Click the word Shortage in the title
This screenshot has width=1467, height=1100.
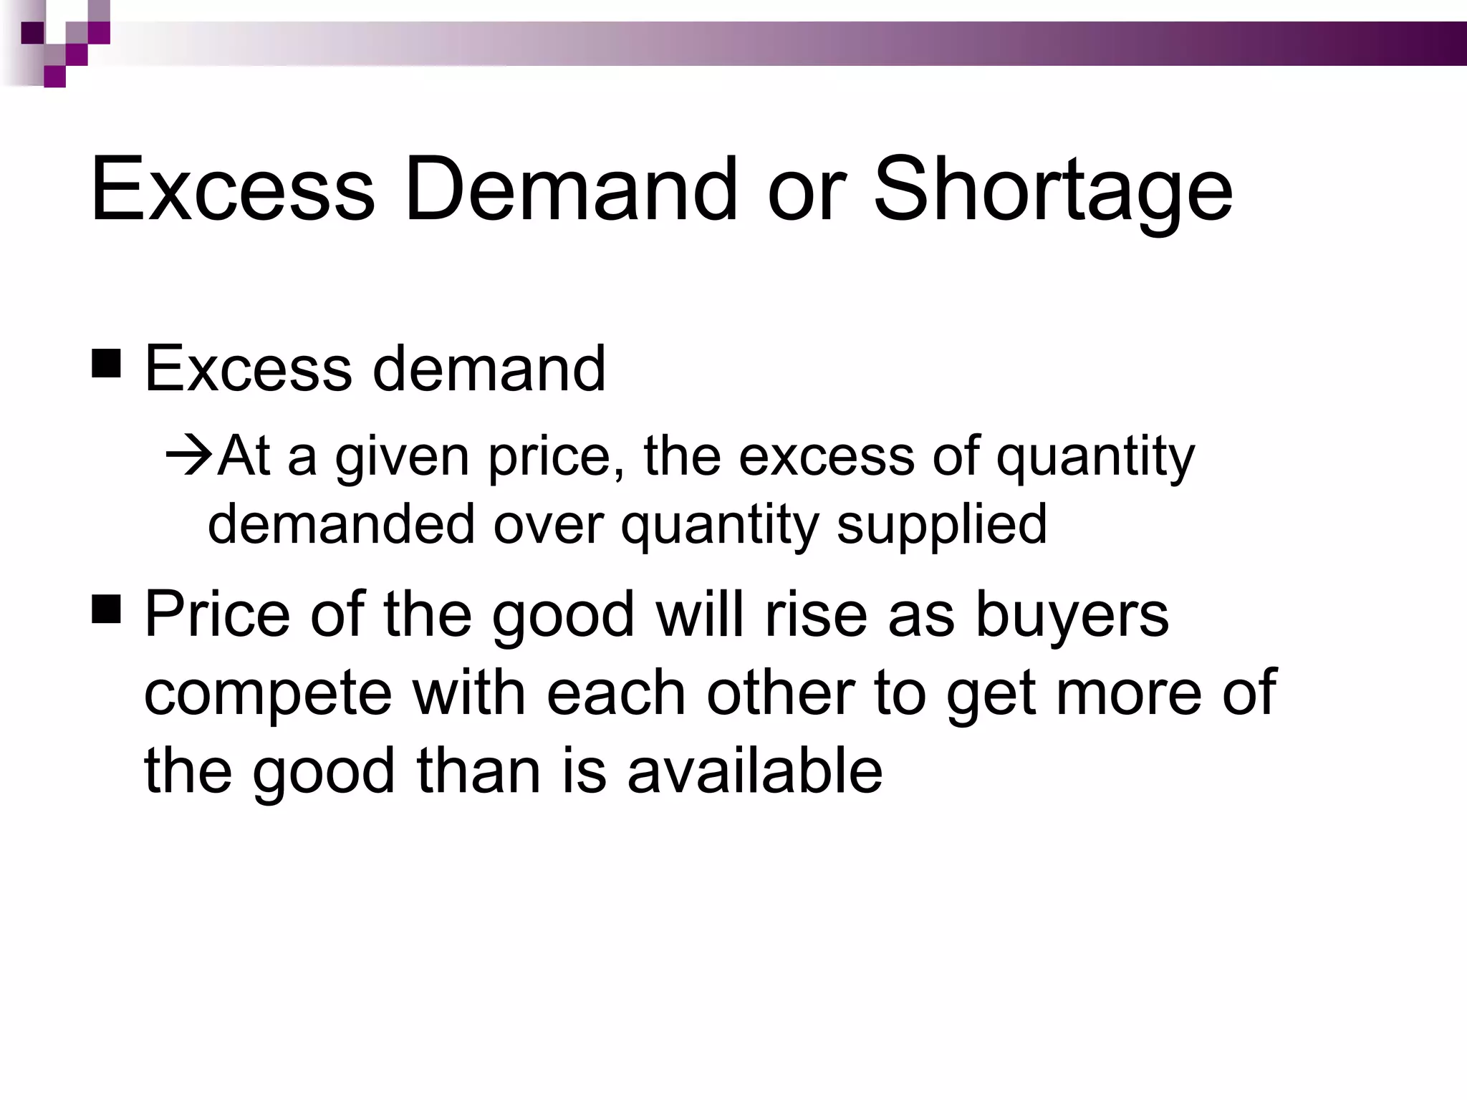[x=1052, y=190]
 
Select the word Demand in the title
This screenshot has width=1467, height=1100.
[x=570, y=188]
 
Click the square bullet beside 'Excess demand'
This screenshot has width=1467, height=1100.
[x=106, y=362]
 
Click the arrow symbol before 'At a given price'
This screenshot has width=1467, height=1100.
[x=190, y=455]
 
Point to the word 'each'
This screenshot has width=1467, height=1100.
[x=616, y=692]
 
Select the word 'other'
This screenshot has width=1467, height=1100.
[x=780, y=692]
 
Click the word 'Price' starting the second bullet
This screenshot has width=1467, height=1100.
[x=217, y=614]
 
